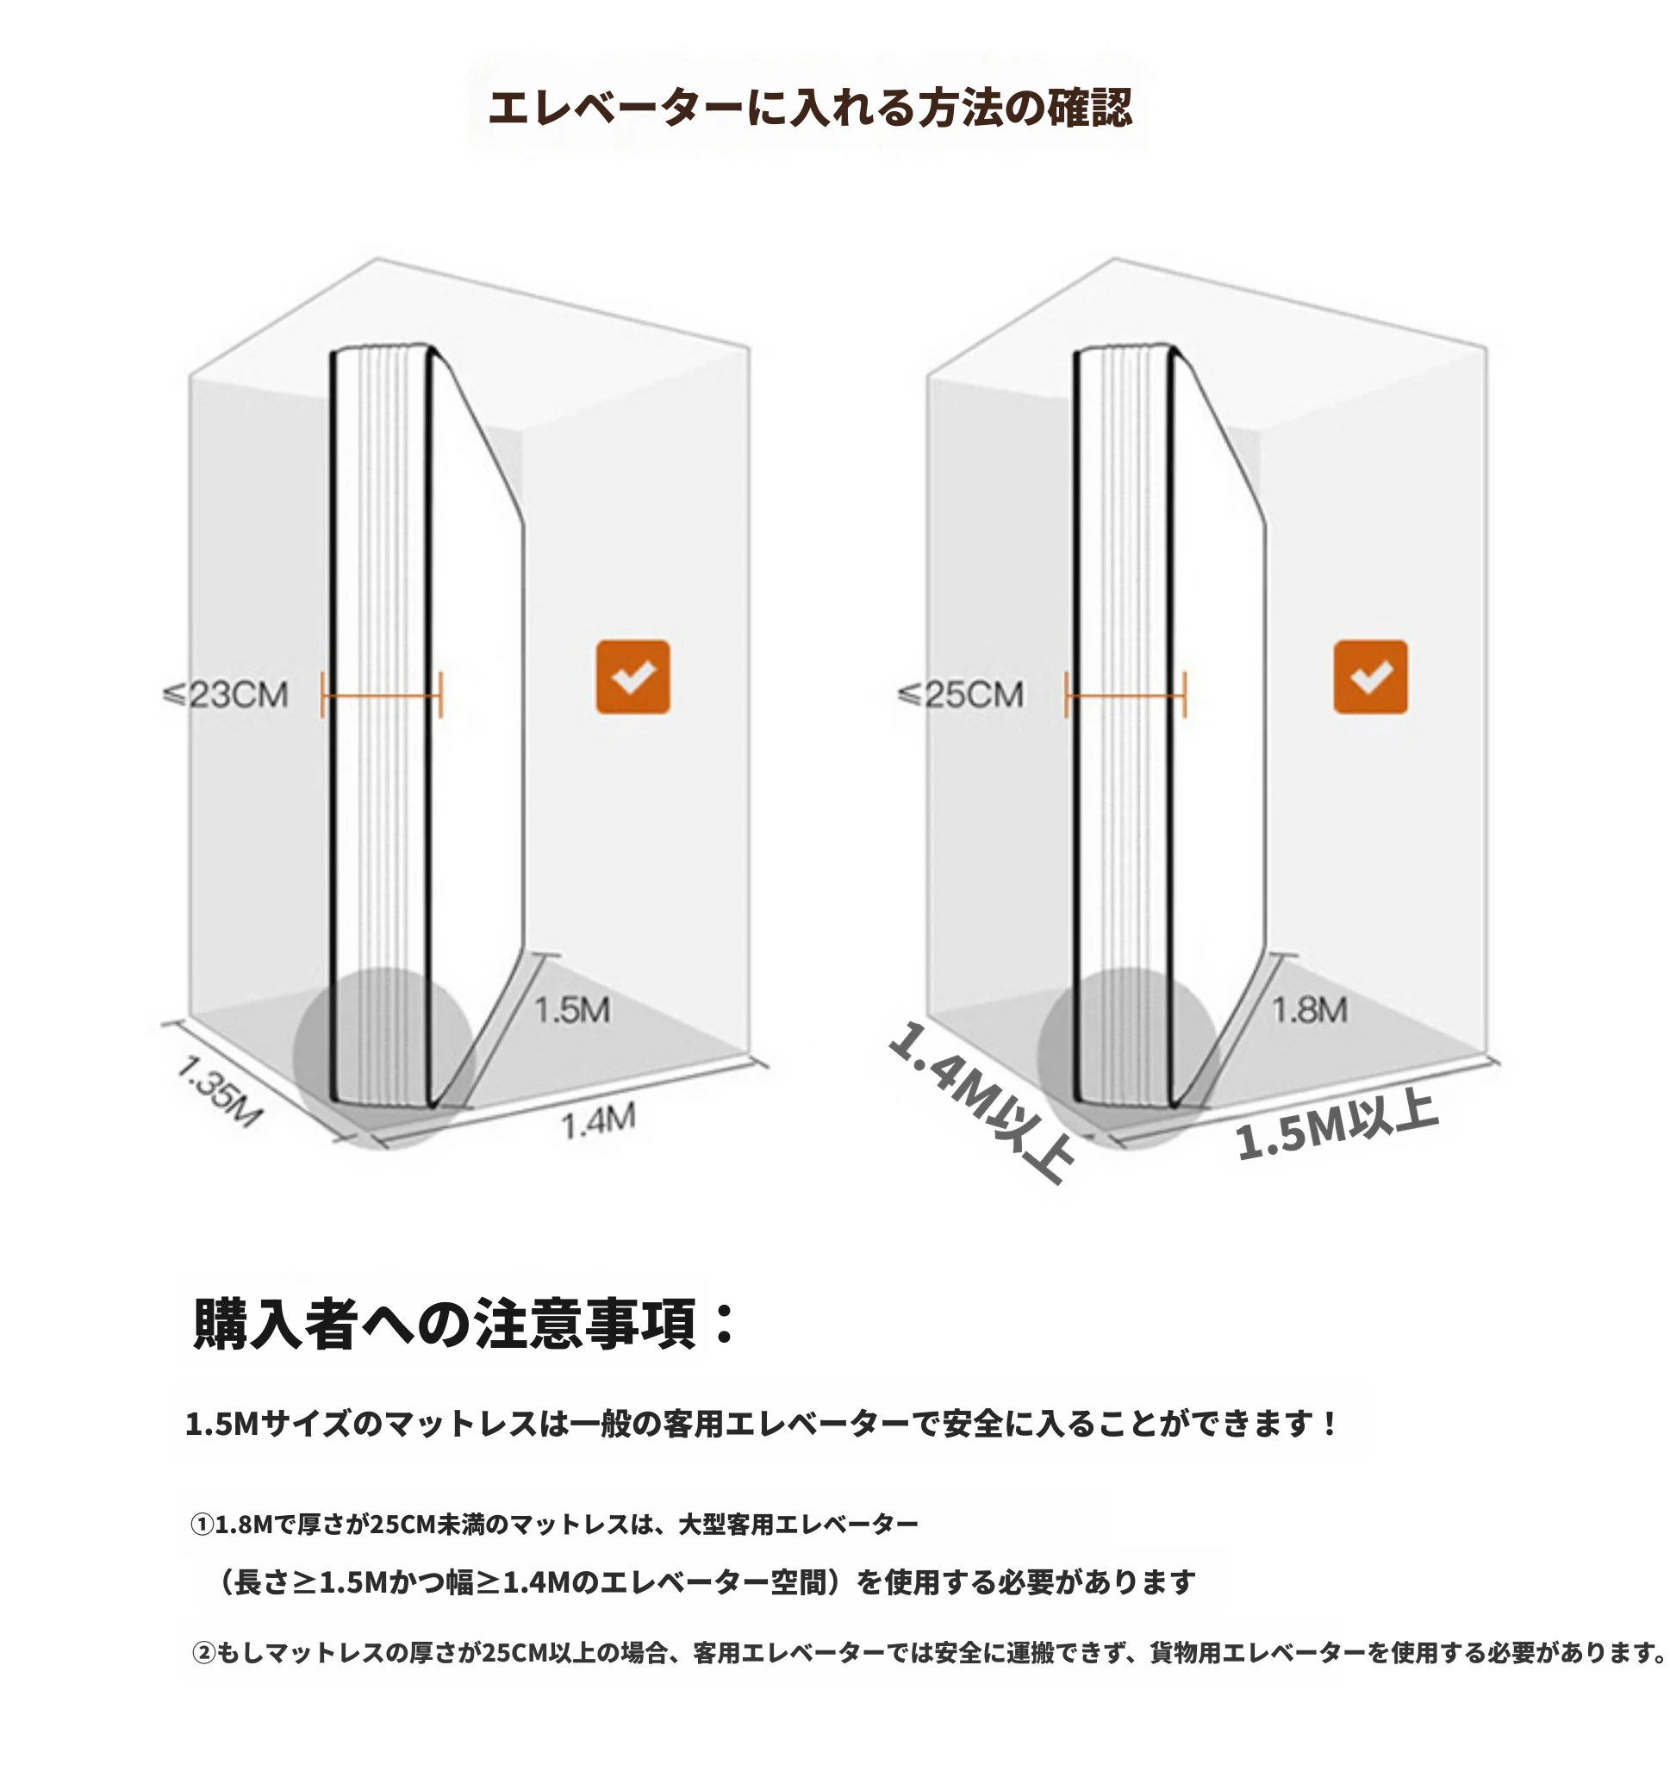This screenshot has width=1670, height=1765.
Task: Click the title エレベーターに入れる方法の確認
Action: pos(809,108)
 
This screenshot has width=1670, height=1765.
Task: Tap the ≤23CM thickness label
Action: pos(226,695)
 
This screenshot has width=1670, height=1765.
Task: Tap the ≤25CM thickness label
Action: pos(962,695)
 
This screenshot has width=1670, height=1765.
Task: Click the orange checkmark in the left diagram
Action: pos(632,677)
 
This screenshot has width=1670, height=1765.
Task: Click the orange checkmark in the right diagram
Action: pos(1371,677)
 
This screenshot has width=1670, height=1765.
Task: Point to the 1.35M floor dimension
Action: pos(217,1091)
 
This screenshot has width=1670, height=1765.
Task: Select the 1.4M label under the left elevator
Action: pos(598,1121)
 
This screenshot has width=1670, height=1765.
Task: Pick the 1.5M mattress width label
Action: pos(572,1010)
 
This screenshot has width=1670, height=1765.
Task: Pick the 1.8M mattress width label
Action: pos(1310,1010)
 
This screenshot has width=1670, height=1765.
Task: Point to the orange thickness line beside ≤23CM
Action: pos(382,695)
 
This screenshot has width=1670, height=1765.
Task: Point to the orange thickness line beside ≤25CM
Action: pos(1126,695)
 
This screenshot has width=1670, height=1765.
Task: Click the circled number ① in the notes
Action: pos(203,1525)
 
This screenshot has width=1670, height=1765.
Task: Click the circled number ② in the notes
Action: pos(204,1653)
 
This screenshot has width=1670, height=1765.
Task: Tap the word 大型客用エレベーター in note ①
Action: pos(799,1525)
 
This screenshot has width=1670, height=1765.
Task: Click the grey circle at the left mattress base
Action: pos(383,1058)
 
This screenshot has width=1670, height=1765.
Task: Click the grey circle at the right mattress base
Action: pos(1128,1058)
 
